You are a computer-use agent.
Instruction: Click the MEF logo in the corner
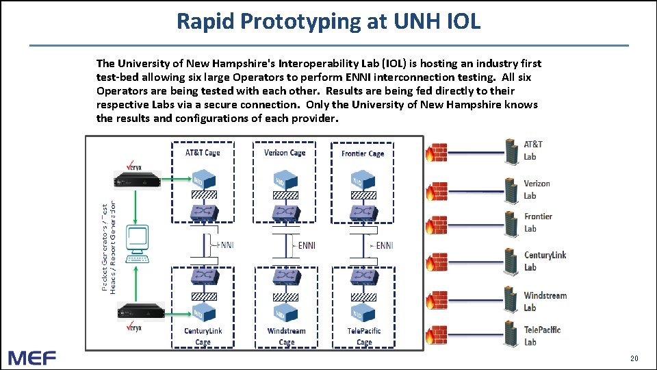[x=32, y=358]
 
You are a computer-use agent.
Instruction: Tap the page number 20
[x=633, y=358]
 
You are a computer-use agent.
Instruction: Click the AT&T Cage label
[x=203, y=153]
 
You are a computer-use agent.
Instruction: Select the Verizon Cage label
[x=285, y=153]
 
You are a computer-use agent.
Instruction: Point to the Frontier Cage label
[x=363, y=153]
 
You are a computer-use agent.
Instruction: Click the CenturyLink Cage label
[x=203, y=336]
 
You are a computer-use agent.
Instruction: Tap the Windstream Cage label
[x=287, y=336]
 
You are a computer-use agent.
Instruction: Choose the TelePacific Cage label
[x=364, y=336]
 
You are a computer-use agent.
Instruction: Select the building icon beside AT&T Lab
[x=511, y=150]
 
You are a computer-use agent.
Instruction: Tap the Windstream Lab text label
[x=545, y=301]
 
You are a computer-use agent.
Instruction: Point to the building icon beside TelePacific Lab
[x=511, y=335]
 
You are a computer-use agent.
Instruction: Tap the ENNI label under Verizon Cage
[x=306, y=245]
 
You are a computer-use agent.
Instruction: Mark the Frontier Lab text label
[x=538, y=223]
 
